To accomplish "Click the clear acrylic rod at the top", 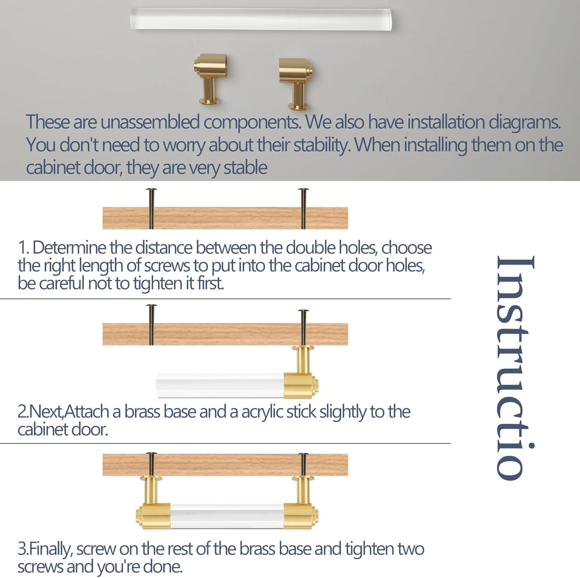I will [x=261, y=19].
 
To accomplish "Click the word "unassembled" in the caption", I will [x=150, y=122].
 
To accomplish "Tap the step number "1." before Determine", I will [x=24, y=248].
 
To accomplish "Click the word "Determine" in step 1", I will [x=69, y=248].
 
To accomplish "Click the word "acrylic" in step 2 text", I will [x=263, y=412].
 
